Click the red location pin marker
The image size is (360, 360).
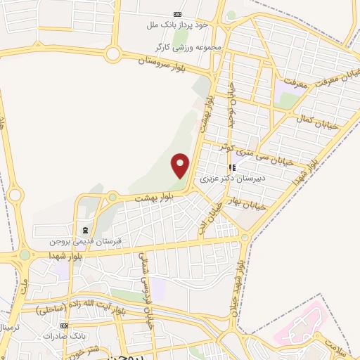181,165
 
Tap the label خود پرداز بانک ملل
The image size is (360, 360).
178,25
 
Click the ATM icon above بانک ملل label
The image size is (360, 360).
177,14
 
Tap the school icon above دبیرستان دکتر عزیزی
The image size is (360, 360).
232,167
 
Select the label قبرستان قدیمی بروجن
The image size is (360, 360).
85,240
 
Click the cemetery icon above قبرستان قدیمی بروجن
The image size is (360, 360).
85,230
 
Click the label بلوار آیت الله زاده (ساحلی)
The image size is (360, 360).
81,307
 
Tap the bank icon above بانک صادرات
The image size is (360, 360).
64,326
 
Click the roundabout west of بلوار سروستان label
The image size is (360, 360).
112,53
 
